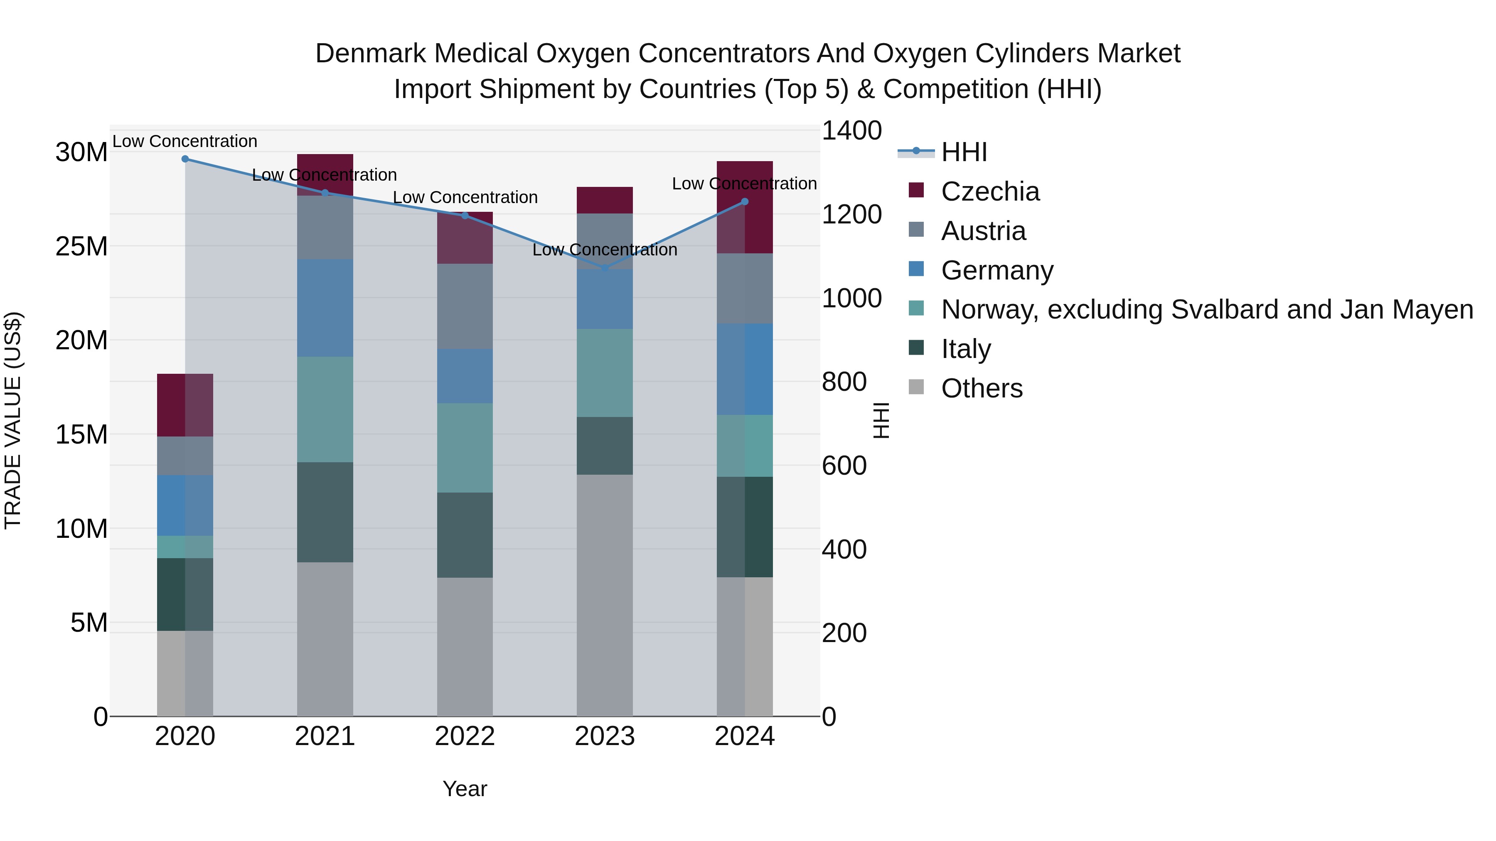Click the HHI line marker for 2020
[x=185, y=159]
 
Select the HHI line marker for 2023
[x=605, y=268]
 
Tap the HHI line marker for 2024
[x=745, y=202]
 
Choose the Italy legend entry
[x=966, y=349]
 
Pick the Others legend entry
[x=982, y=388]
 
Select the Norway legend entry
[x=1207, y=309]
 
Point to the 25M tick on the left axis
[x=81, y=247]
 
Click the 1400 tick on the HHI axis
[x=851, y=130]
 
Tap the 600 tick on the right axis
[x=844, y=466]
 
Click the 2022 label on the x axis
[x=465, y=736]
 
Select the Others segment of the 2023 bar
[x=605, y=595]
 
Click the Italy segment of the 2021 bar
[x=325, y=512]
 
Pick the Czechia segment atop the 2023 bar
[x=605, y=200]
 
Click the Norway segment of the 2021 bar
[x=325, y=409]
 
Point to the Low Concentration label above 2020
[x=185, y=141]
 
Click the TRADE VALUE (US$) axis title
[x=13, y=420]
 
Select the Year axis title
[x=465, y=789]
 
